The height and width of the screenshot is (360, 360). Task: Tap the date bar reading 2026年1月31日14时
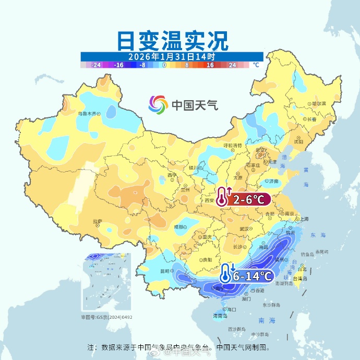(x=172, y=56)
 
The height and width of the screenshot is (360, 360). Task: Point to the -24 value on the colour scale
(x=96, y=65)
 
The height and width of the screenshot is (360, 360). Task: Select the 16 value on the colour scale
(x=210, y=65)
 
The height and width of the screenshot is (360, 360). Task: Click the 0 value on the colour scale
(x=164, y=65)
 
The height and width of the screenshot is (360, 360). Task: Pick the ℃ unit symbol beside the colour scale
(x=256, y=65)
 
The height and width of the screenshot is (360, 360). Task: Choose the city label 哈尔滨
(x=317, y=104)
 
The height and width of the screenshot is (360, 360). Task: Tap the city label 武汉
(x=244, y=229)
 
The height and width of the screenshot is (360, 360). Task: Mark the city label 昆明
(x=165, y=271)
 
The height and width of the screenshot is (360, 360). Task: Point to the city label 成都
(x=179, y=227)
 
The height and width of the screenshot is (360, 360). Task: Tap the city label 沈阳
(x=298, y=141)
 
